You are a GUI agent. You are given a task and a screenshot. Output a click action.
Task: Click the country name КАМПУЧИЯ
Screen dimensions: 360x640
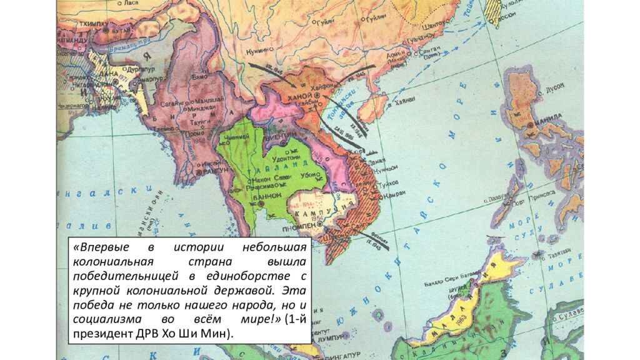coord(319,211)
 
